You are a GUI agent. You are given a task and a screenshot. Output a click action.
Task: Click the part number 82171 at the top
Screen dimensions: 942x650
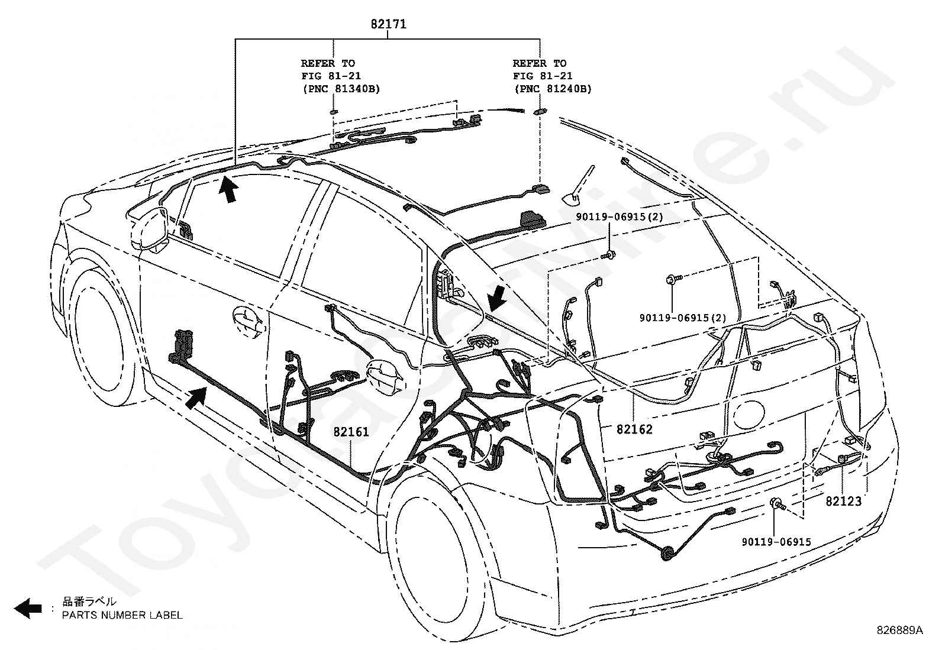tap(389, 24)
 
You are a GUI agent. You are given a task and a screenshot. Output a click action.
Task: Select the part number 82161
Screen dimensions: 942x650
tap(351, 432)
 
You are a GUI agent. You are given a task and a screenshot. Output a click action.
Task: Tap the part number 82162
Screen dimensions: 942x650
tap(634, 429)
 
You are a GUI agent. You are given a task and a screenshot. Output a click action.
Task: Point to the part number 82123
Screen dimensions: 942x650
tap(844, 501)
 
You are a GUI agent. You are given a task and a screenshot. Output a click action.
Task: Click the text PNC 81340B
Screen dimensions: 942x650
tap(341, 89)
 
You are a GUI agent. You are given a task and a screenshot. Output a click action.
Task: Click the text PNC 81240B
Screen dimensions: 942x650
tap(553, 89)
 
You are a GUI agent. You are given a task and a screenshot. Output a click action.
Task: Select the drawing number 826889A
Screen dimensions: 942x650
tap(899, 630)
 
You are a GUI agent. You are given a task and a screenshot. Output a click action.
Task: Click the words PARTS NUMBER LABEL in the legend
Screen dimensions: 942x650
tap(122, 615)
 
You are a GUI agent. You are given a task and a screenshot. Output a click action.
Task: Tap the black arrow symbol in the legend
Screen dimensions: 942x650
tap(28, 608)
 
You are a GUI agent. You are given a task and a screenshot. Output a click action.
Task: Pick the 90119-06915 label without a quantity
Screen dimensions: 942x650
tap(776, 542)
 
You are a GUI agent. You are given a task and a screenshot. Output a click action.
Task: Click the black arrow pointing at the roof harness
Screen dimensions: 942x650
tap(229, 189)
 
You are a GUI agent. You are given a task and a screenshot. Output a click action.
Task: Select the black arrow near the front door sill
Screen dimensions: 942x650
tap(196, 397)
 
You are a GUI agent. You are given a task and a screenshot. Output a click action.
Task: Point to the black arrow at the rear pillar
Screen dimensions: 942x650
tap(498, 297)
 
